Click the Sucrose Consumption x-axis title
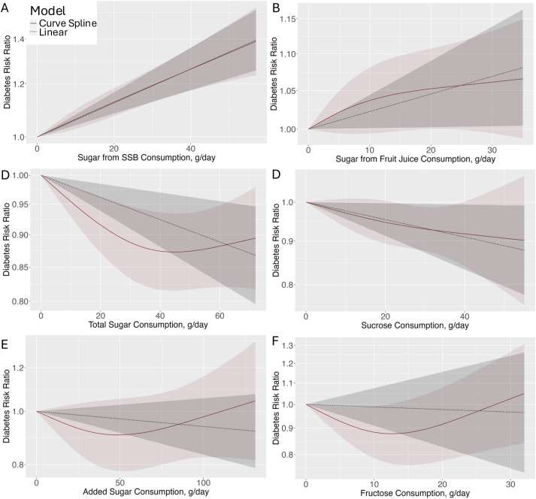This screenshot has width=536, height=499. (412, 325)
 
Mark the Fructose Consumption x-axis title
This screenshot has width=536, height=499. (412, 492)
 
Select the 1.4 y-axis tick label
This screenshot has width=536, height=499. (17, 38)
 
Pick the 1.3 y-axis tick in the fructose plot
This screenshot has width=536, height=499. (289, 346)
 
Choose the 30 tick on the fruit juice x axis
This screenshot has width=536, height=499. (490, 147)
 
